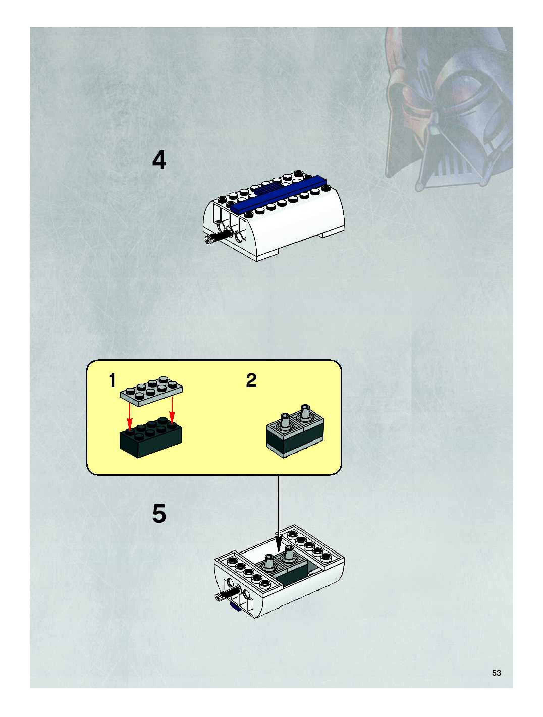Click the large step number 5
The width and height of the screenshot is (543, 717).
(x=159, y=514)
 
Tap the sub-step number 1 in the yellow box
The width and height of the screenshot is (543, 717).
(x=112, y=380)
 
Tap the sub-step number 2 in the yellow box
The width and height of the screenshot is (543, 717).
(x=251, y=380)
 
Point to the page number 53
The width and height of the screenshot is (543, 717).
(x=496, y=673)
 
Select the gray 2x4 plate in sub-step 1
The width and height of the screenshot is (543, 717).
(x=151, y=391)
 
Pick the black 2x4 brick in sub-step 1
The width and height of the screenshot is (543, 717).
(x=151, y=437)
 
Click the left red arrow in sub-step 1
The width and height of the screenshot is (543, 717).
(x=130, y=415)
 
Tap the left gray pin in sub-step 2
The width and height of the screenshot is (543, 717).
(x=285, y=421)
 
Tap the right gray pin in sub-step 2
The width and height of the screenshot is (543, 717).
(x=305, y=412)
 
